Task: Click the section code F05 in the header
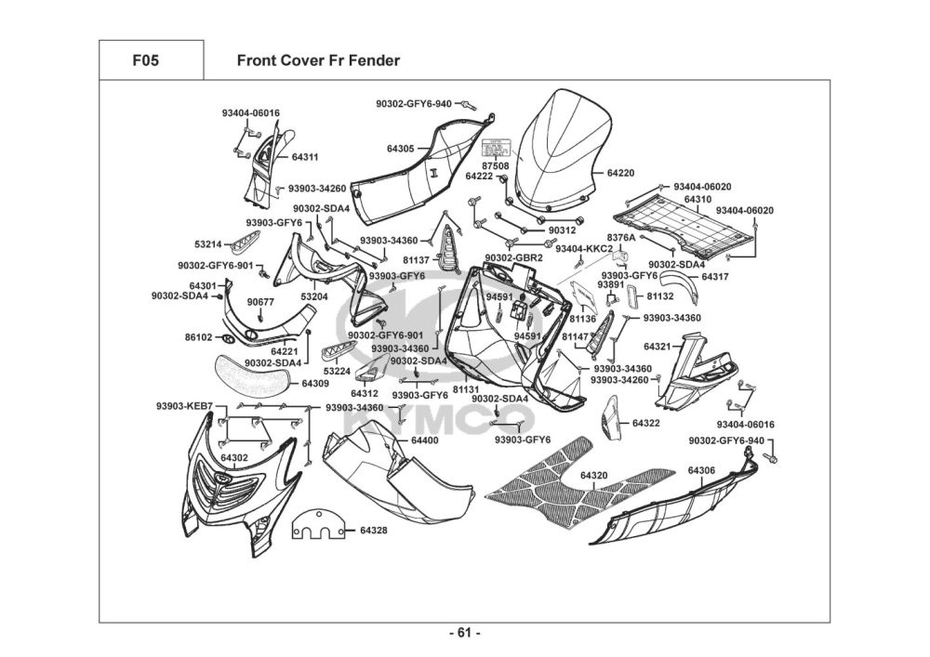(145, 61)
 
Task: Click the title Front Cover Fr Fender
(318, 61)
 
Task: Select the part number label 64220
(620, 173)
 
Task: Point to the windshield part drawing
(563, 149)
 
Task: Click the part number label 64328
(373, 531)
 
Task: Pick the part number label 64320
(593, 476)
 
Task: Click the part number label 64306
(701, 471)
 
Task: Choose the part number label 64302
(233, 457)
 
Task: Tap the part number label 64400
(424, 440)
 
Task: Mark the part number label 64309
(314, 383)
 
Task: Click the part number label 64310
(697, 200)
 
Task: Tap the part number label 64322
(645, 423)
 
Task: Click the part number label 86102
(198, 337)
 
